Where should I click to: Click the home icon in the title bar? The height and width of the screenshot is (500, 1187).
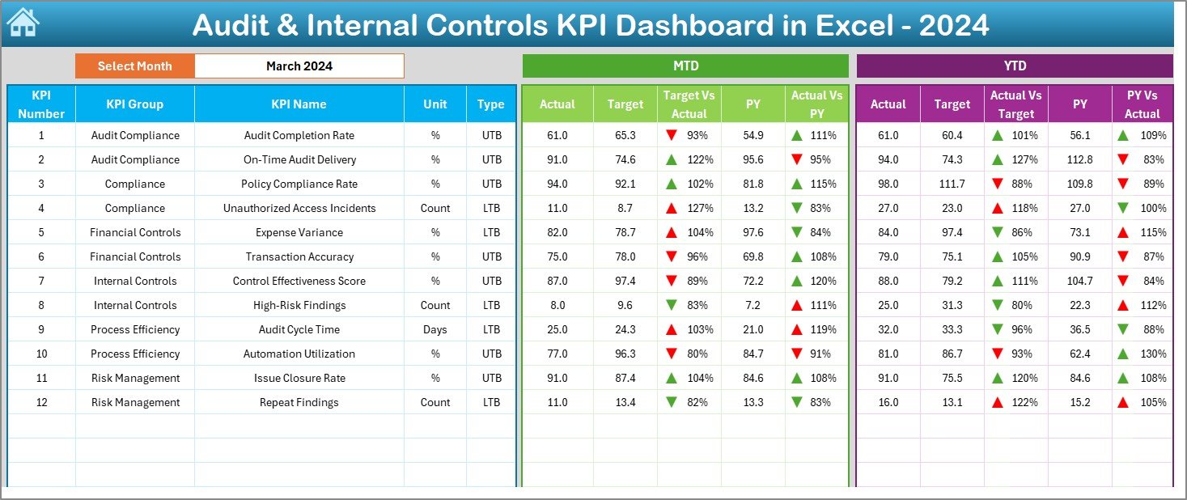click(22, 23)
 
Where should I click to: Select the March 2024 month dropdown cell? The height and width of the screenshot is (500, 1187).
click(299, 66)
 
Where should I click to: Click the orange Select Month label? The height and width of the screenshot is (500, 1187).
click(135, 66)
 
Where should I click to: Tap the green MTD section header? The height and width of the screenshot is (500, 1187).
click(685, 66)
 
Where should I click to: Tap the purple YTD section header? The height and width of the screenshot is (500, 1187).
click(1014, 66)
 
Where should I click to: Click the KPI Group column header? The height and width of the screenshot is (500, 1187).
click(134, 104)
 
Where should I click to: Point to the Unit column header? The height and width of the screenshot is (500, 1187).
click(435, 104)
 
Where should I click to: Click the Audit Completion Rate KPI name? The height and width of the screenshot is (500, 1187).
click(299, 135)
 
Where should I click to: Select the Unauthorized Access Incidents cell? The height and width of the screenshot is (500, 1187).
click(299, 208)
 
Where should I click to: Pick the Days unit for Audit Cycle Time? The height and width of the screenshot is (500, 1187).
click(435, 329)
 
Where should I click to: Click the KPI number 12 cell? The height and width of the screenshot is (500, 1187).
click(41, 402)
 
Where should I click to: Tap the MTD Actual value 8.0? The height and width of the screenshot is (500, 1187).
click(557, 305)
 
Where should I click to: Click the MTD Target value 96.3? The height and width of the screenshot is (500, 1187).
click(625, 354)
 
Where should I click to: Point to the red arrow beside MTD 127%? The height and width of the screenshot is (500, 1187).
click(672, 208)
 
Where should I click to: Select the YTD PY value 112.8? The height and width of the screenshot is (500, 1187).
click(1079, 159)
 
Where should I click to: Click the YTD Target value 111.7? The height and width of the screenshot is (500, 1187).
click(952, 184)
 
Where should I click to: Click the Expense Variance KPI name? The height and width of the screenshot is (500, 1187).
click(299, 232)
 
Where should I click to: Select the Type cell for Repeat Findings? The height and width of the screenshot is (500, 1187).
click(491, 402)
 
